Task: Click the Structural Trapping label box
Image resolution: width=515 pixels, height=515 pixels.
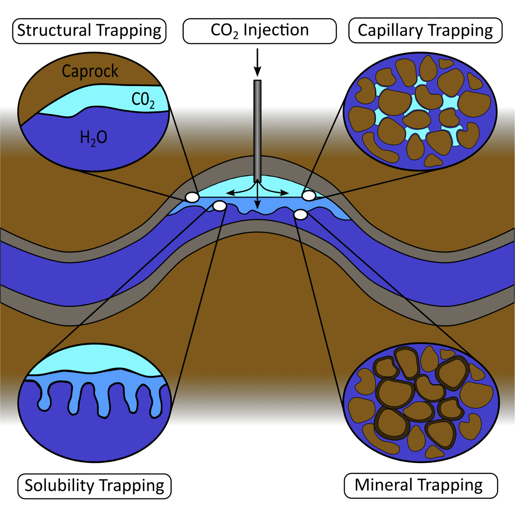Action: point(89,31)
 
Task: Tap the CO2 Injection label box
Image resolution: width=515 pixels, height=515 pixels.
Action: point(259,31)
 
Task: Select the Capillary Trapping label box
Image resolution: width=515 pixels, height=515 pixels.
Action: point(425,31)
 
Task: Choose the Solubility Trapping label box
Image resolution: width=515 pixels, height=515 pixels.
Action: point(95,486)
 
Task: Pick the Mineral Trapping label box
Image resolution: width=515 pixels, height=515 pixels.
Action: point(421,486)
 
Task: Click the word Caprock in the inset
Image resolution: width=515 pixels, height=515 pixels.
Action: point(90,71)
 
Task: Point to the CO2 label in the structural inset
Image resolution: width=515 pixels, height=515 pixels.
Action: point(143,100)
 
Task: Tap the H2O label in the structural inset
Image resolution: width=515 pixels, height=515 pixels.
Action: point(94,138)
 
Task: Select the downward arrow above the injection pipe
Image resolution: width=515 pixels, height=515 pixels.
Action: point(257,62)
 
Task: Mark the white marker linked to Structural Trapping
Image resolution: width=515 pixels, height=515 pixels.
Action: point(192,197)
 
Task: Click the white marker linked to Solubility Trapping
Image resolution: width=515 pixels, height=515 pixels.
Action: point(220,206)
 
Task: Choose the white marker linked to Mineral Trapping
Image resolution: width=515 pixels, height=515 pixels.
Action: point(301,214)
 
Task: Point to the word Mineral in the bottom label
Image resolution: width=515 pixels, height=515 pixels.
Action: point(383,485)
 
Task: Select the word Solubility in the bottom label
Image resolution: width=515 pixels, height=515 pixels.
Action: point(59,486)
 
